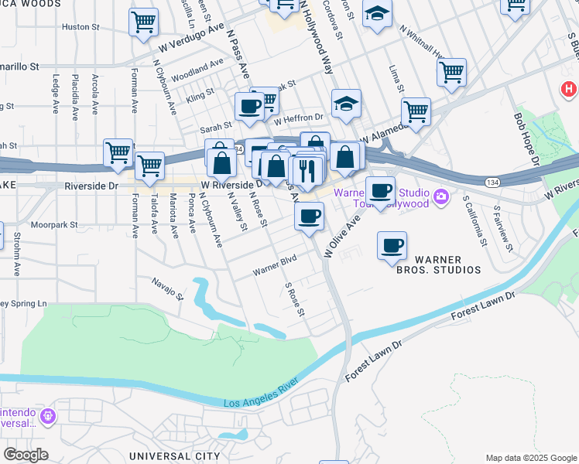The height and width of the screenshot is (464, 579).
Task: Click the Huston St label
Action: click(x=76, y=26)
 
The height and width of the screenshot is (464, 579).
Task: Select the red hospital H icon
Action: click(x=570, y=87)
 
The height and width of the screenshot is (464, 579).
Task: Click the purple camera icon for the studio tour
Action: click(x=441, y=196)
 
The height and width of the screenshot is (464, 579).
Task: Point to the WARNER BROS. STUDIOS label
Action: click(x=439, y=264)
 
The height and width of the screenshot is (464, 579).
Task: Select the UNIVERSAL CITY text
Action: click(x=174, y=456)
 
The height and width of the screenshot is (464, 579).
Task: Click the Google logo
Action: click(x=25, y=455)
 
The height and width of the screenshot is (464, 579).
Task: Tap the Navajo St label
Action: click(x=167, y=288)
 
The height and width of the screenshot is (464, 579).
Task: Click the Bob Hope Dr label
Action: click(x=526, y=139)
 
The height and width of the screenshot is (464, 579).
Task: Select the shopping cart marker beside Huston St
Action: click(x=143, y=23)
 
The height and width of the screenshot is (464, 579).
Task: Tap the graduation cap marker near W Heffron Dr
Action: click(x=346, y=104)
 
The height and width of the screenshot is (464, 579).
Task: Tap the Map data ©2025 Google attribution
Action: click(x=531, y=458)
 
